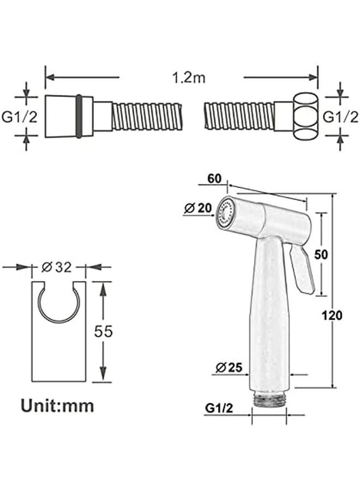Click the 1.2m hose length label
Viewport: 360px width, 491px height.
tap(189, 77)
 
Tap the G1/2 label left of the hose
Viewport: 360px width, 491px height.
tap(20, 117)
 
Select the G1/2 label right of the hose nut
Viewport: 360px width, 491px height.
tap(340, 117)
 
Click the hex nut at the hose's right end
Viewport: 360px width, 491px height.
tap(306, 117)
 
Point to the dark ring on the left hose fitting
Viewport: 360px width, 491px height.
tap(79, 117)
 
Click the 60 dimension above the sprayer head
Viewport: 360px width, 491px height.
tap(214, 178)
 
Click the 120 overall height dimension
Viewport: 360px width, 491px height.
tap(332, 315)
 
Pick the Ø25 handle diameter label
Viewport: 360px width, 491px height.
tap(229, 367)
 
